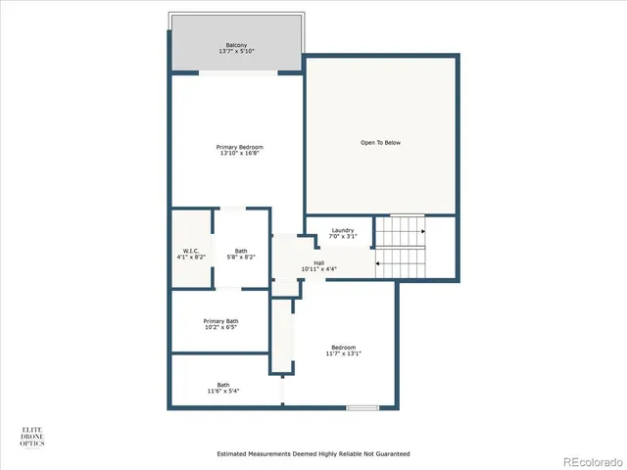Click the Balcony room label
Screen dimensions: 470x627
(x=236, y=45)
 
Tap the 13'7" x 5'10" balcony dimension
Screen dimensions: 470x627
(x=236, y=51)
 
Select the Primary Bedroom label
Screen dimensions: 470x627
(x=240, y=147)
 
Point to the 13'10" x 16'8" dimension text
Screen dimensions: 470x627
(x=240, y=154)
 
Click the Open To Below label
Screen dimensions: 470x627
(x=380, y=143)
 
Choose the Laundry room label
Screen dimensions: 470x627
(x=342, y=230)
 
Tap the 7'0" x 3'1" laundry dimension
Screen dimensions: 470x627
(x=342, y=237)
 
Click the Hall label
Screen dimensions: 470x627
(x=318, y=262)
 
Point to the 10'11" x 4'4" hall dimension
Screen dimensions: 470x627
(x=318, y=269)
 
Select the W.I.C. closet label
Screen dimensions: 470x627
(x=191, y=250)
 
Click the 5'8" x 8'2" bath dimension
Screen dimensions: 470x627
(x=241, y=257)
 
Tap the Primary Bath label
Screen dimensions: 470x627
(x=220, y=321)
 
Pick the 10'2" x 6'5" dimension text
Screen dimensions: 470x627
(x=220, y=328)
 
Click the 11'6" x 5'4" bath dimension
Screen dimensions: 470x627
(x=223, y=391)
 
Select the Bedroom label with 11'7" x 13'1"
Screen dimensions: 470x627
(x=343, y=349)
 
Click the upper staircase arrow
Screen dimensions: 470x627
(x=421, y=232)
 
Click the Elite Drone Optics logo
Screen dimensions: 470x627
(x=33, y=436)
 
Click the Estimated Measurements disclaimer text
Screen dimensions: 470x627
(x=313, y=453)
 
